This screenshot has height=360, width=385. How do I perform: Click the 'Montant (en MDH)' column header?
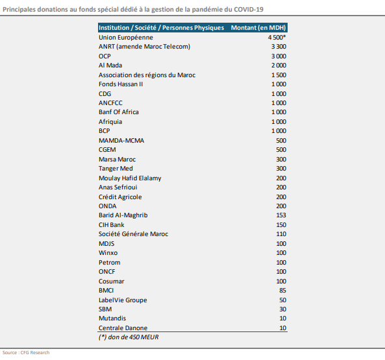[x=258, y=28]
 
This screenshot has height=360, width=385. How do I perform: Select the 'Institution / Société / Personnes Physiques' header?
[x=161, y=28]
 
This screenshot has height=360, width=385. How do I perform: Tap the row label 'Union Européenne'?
[x=126, y=38]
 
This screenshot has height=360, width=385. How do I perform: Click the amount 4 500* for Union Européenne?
[x=277, y=37]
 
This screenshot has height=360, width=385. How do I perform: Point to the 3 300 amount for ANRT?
[x=279, y=47]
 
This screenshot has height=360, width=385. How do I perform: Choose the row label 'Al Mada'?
[x=110, y=66]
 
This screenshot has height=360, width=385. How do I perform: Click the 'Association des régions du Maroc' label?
[x=147, y=75]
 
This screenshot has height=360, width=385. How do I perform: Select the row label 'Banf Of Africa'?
[x=119, y=112]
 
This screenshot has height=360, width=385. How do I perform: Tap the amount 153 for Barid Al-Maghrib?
[x=281, y=215]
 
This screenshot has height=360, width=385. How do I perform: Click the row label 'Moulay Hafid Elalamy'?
[x=130, y=178]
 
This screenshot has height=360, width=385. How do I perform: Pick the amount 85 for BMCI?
[x=282, y=291]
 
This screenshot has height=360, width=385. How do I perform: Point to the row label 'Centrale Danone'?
[x=123, y=328]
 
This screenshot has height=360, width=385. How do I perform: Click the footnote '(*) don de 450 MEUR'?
[x=129, y=337]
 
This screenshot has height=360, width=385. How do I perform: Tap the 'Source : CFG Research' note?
[x=26, y=353]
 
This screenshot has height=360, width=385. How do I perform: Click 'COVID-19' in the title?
[x=249, y=10]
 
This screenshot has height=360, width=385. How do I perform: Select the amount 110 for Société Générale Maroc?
[x=281, y=234]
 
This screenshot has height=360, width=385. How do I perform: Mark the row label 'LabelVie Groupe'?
[x=123, y=300]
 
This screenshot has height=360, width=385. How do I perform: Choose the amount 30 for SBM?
[x=282, y=309]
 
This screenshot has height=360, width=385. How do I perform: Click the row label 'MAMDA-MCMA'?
[x=121, y=141]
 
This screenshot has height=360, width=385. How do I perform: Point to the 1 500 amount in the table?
[x=279, y=75]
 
